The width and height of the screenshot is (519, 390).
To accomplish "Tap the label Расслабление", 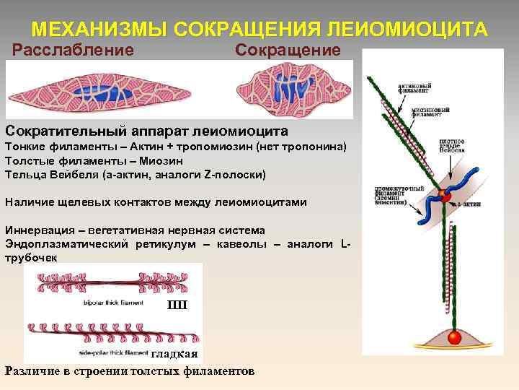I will tap(74, 51).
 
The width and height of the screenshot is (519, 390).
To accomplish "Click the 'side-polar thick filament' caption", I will tap(112, 352).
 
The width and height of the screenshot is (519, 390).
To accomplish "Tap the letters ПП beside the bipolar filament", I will tap(177, 304).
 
